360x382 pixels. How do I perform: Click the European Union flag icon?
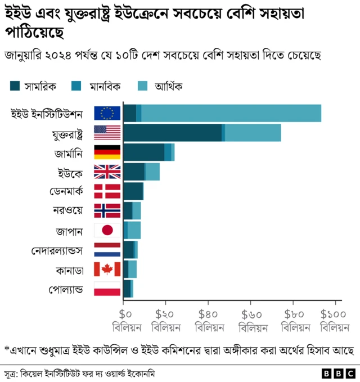pos(107,113)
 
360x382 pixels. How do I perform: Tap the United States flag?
pos(107,133)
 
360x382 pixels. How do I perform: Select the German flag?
pos(107,152)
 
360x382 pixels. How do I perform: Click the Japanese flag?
pos(107,230)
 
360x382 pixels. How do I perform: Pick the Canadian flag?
pos(107,269)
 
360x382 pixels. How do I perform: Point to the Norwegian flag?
pos(107,210)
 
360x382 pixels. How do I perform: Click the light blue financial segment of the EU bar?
pos(231,113)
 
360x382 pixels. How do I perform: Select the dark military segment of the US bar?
pos(172,133)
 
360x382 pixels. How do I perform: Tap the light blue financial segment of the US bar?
pos(253,133)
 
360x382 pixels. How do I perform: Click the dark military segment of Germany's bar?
pos(143,152)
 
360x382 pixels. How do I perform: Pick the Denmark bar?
pos(133,191)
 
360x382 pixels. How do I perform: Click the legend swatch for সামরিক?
pos(15,86)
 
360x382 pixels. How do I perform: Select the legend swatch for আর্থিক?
pos(143,86)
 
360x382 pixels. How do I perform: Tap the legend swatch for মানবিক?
pos(76,86)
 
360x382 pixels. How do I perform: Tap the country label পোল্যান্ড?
pos(66,289)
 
